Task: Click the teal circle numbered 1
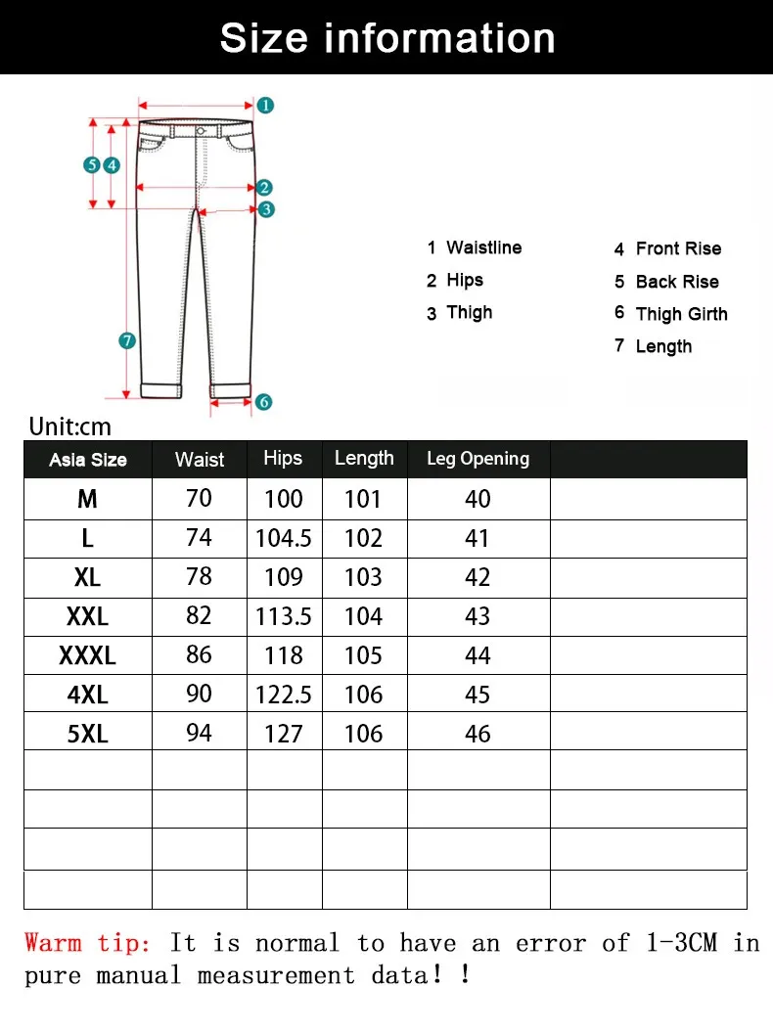pyautogui.click(x=265, y=105)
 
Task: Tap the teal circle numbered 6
pyautogui.click(x=263, y=401)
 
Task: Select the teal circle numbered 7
pyautogui.click(x=126, y=340)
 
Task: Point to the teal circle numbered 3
pyautogui.click(x=266, y=208)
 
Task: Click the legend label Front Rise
pyautogui.click(x=678, y=248)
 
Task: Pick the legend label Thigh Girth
pyautogui.click(x=681, y=314)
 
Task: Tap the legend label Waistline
pyautogui.click(x=483, y=247)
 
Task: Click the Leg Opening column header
pyautogui.click(x=477, y=459)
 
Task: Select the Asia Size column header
pyautogui.click(x=88, y=460)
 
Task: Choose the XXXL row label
pyautogui.click(x=87, y=655)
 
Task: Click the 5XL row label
pyautogui.click(x=87, y=734)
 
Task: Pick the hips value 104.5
pyautogui.click(x=283, y=538)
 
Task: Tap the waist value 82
pyautogui.click(x=199, y=616)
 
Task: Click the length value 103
pyautogui.click(x=363, y=577)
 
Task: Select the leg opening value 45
pyautogui.click(x=477, y=695)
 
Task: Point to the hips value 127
pyautogui.click(x=284, y=734)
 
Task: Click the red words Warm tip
pyautogui.click(x=88, y=943)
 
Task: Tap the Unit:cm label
pyautogui.click(x=70, y=426)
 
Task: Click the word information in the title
pyautogui.click(x=439, y=37)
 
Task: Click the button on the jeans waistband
pyautogui.click(x=201, y=130)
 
